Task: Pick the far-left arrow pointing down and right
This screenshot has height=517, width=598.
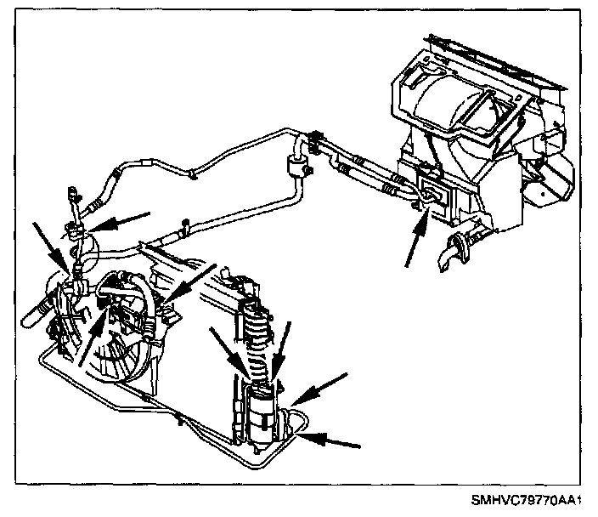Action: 47,241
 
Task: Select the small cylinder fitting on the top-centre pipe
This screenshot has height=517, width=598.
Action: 297,161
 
